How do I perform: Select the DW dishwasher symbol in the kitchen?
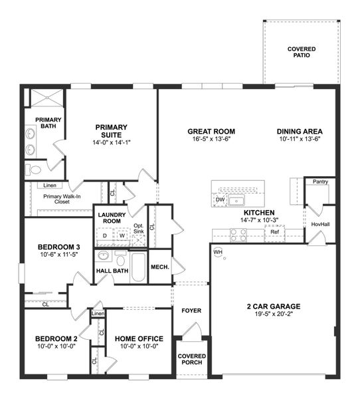click(220, 199)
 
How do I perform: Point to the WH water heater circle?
click(218, 253)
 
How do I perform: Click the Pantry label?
click(319, 181)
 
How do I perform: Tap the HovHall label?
click(320, 224)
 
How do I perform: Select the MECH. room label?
click(160, 267)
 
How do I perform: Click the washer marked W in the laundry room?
click(122, 235)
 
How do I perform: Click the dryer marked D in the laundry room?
click(105, 235)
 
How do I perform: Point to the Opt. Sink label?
click(138, 229)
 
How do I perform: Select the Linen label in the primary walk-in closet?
click(50, 186)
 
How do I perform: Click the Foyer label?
click(191, 311)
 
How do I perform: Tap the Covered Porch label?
click(191, 360)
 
